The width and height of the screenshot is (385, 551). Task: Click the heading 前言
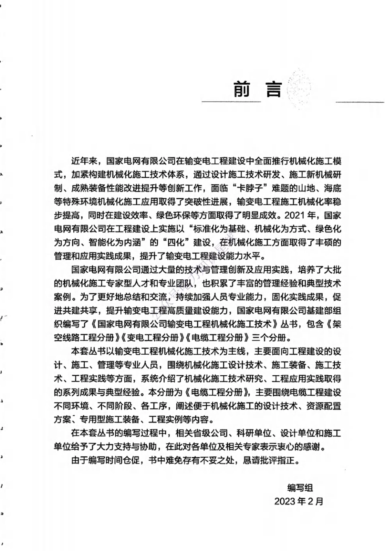point(257,89)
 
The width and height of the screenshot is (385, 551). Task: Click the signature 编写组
point(300,488)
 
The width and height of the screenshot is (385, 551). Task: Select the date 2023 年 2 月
point(299,501)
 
